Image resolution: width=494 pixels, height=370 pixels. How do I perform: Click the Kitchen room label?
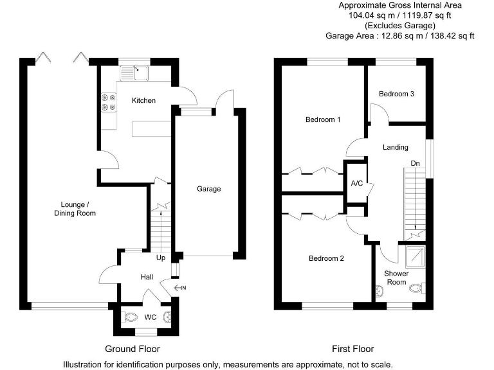click(x=143, y=100)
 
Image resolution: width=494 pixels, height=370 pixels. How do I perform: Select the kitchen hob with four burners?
click(x=107, y=101)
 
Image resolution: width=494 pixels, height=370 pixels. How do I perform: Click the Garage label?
click(x=208, y=189)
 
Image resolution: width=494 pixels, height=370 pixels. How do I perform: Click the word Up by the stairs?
click(x=161, y=258)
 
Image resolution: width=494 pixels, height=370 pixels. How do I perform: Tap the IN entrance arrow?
click(x=179, y=287)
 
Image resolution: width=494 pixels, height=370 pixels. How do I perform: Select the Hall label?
click(x=147, y=277)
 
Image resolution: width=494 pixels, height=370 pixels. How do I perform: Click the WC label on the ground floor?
click(x=151, y=317)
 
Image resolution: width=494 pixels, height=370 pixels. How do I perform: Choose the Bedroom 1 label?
click(x=323, y=120)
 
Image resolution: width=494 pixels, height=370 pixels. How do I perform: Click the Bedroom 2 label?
click(x=326, y=259)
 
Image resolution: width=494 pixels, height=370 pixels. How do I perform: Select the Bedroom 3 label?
click(x=396, y=94)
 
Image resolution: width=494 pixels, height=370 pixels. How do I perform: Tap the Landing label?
click(x=396, y=147)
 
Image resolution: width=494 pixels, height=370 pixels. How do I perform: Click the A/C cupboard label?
click(x=356, y=183)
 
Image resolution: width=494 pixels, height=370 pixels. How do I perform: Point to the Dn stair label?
click(x=416, y=164)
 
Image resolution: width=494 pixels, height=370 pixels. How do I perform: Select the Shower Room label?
click(x=397, y=277)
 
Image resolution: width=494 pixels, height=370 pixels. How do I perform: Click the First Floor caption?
click(x=352, y=349)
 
